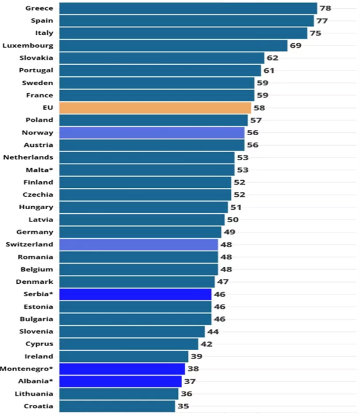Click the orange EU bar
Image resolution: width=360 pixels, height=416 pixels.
click(x=155, y=108)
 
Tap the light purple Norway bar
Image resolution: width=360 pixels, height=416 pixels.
click(x=151, y=133)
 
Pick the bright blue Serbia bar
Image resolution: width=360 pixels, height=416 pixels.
click(x=135, y=294)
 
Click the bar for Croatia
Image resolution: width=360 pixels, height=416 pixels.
click(x=117, y=406)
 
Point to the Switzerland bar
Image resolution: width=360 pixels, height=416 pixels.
click(x=138, y=244)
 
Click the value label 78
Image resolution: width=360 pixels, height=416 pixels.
click(x=325, y=8)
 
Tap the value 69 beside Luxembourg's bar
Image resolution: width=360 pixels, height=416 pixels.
click(x=295, y=46)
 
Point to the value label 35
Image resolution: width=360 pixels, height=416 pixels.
click(x=183, y=406)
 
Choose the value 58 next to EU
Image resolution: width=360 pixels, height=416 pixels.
click(x=259, y=108)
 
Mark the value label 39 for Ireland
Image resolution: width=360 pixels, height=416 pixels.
click(x=196, y=356)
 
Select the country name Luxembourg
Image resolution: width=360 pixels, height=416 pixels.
click(x=28, y=46)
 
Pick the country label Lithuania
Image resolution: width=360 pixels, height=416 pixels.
click(x=36, y=393)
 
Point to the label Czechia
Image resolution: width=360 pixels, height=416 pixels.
click(x=38, y=195)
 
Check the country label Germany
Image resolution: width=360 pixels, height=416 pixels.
click(x=36, y=232)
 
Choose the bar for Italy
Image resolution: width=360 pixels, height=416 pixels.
click(x=183, y=33)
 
